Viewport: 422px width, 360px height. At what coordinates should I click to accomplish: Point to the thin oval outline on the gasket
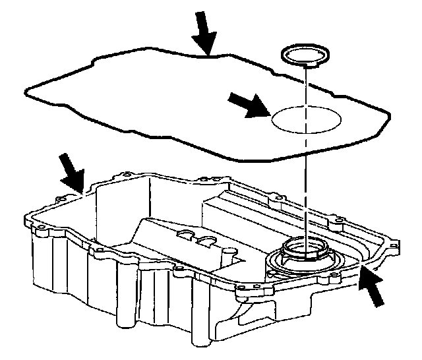(x=307, y=119)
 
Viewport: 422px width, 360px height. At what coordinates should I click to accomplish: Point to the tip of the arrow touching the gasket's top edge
(x=208, y=53)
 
